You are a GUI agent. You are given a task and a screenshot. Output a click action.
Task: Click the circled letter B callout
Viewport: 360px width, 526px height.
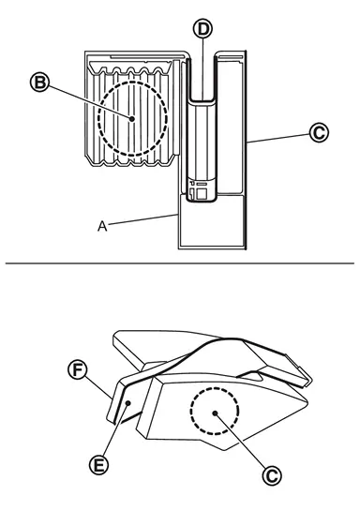[x=40, y=83]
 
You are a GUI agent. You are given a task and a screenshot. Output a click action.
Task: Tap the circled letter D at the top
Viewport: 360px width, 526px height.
[x=203, y=29]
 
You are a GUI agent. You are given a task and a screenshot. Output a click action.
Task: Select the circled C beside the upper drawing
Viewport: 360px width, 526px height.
[x=319, y=132]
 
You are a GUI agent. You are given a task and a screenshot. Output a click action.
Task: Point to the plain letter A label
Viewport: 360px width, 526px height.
[x=102, y=226]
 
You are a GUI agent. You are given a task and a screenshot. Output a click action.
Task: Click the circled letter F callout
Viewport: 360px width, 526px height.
[x=78, y=370]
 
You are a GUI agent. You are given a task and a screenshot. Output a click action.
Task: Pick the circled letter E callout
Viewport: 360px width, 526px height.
[x=98, y=465]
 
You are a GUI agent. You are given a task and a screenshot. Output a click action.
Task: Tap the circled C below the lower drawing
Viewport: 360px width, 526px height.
[x=272, y=475]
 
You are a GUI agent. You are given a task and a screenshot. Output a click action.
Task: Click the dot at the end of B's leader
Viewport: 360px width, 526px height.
[x=132, y=119]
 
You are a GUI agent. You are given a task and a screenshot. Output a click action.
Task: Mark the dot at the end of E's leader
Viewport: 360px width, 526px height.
[x=127, y=403]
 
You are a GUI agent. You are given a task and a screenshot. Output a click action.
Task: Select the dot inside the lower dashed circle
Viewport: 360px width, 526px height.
[x=215, y=413]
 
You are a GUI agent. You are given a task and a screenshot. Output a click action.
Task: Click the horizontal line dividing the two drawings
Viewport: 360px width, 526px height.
[x=180, y=263]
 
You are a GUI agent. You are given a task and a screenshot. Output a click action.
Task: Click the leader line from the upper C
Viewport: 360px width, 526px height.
[x=278, y=139]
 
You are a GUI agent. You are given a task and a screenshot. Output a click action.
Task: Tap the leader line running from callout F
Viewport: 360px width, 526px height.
[x=98, y=388]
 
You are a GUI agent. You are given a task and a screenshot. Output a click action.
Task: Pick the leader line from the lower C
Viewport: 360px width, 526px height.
[x=241, y=441]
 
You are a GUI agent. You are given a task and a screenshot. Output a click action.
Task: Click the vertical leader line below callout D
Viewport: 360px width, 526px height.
[x=203, y=68]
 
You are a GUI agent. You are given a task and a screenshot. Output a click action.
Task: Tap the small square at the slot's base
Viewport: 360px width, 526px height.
[x=202, y=194]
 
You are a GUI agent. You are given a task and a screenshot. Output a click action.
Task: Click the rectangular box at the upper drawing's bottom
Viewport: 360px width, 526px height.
[x=211, y=221]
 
